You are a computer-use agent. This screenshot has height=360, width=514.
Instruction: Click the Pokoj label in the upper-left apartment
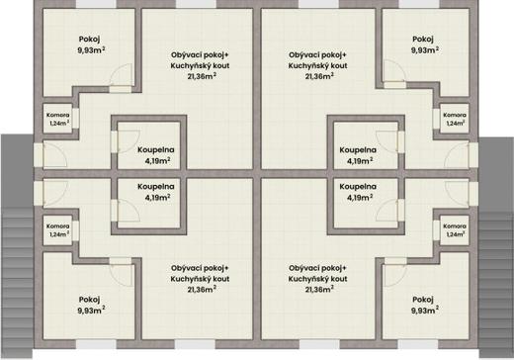(89, 40)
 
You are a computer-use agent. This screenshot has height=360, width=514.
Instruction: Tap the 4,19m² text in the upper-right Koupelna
(360, 161)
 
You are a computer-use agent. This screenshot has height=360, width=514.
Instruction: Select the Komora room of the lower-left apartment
(58, 230)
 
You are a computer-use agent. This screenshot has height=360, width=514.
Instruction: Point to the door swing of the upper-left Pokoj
(122, 75)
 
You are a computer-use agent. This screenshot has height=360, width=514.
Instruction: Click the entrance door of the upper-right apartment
(458, 155)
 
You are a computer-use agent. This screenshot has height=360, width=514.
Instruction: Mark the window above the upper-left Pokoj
(96, 4)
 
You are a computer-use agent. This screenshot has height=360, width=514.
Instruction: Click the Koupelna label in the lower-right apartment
(358, 187)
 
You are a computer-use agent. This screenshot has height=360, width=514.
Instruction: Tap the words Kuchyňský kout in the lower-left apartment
(200, 279)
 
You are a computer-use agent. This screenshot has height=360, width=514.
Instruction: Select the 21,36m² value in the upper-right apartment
(319, 76)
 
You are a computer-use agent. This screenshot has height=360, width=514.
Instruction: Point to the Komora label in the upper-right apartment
(455, 115)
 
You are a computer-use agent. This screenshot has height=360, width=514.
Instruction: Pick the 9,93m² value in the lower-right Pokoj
(425, 311)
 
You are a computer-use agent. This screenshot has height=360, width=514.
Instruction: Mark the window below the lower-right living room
(319, 344)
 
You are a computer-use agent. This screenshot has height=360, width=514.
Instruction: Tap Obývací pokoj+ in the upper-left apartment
(200, 54)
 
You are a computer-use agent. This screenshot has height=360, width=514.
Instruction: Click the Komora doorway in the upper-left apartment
(76, 118)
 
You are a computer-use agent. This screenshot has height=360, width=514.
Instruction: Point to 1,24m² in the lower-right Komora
(456, 234)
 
